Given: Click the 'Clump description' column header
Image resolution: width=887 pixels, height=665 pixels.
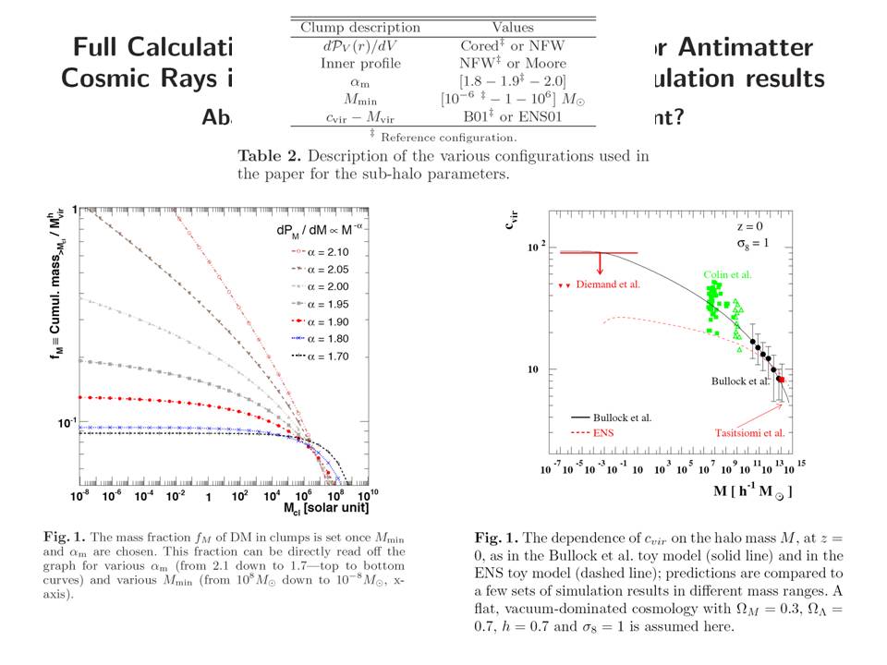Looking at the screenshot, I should pyautogui.click(x=359, y=28).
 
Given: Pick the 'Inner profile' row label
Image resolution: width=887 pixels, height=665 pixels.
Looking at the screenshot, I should pyautogui.click(x=360, y=63).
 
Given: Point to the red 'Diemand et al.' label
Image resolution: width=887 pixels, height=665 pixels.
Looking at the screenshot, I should pyautogui.click(x=607, y=284).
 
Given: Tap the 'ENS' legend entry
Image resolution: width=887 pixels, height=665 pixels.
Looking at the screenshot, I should pyautogui.click(x=605, y=431).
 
